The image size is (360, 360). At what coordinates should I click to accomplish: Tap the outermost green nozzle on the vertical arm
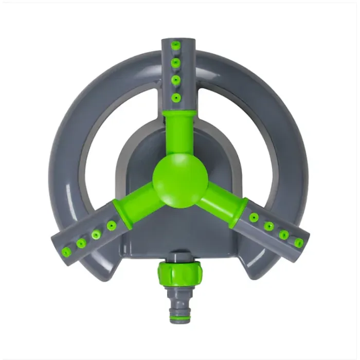point(175,46)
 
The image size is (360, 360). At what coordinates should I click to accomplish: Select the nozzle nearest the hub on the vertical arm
point(176,97)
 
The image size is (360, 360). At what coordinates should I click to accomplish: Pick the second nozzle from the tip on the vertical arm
point(175,63)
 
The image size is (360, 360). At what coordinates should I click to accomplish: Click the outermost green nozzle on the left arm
point(66,251)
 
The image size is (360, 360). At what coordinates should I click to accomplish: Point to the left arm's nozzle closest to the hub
point(111,225)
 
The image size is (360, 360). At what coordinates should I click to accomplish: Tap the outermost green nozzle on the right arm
point(299,243)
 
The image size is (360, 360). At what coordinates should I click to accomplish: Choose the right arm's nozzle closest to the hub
point(254,218)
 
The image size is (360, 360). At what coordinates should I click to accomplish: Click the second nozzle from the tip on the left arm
point(81,243)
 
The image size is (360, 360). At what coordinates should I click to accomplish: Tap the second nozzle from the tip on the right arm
point(284,235)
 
